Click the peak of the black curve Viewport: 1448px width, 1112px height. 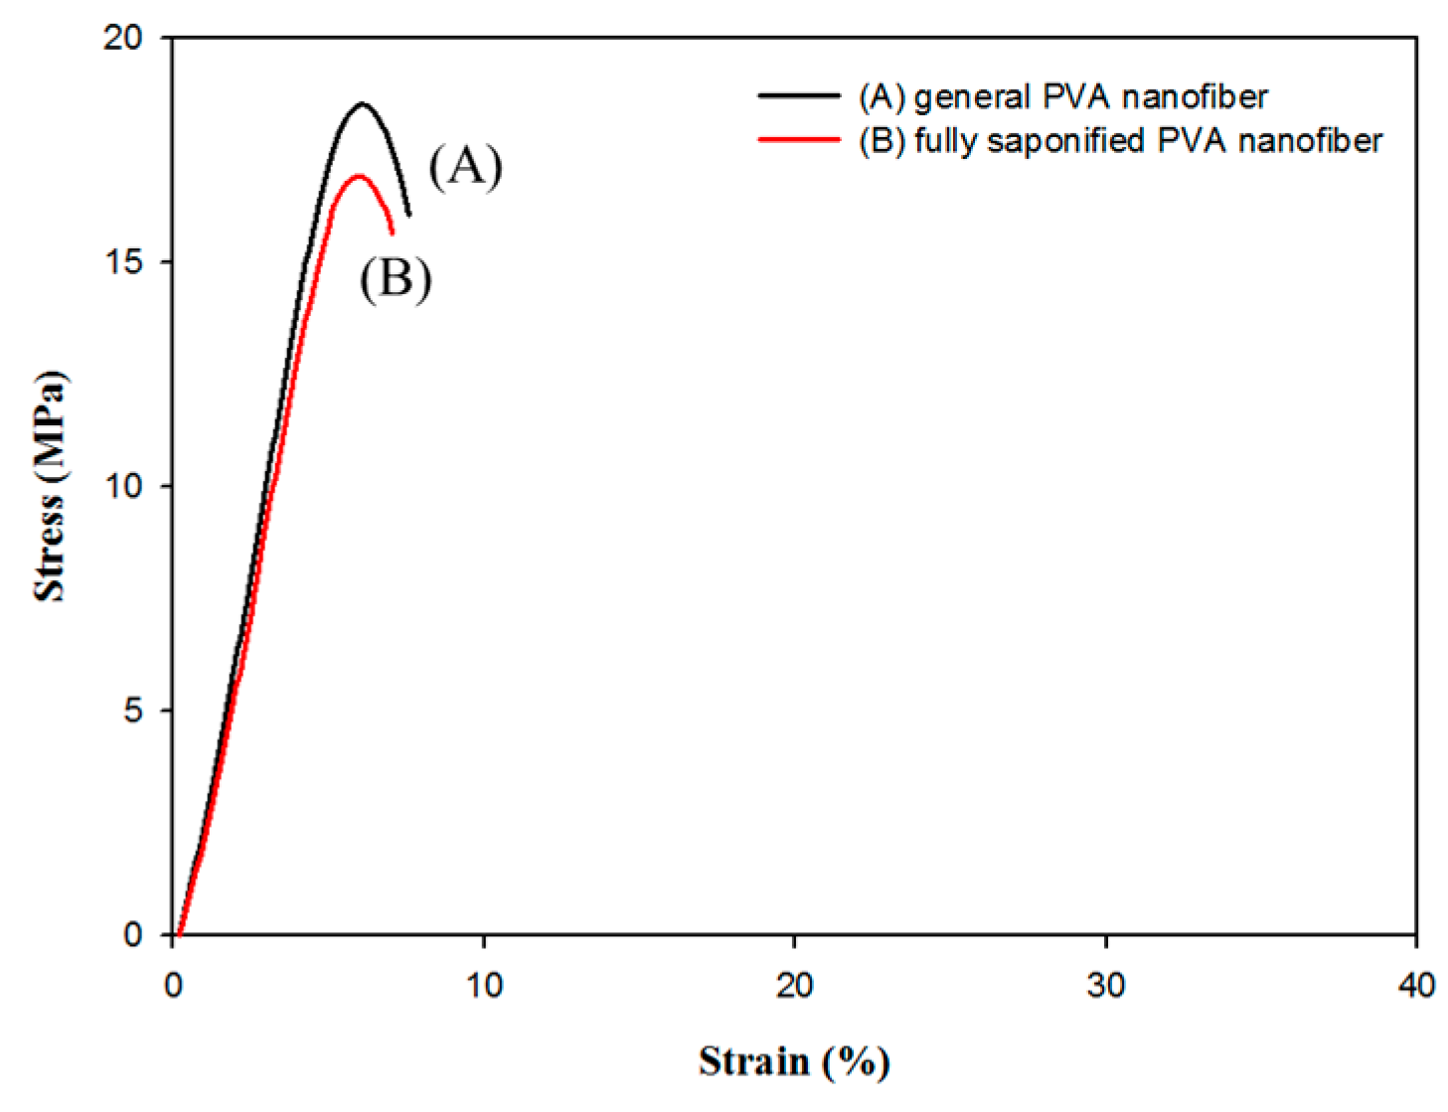363,103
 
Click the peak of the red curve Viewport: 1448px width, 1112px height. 358,176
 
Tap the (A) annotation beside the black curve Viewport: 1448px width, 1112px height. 465,166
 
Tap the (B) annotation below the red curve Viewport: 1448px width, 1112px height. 396,279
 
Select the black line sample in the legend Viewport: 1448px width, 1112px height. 798,96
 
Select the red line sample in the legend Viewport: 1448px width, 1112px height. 798,140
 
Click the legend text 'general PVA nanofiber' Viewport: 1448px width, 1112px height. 1090,96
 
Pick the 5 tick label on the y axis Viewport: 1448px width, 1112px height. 133,711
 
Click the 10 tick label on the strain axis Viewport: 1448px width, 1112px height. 484,985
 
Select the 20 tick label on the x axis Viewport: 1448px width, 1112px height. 794,985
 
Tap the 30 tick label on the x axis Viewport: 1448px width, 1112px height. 1105,985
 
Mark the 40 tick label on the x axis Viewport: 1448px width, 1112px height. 1415,985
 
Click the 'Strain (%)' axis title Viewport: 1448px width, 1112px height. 794,1061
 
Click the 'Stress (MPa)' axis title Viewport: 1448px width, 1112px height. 50,486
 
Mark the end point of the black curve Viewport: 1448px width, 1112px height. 408,215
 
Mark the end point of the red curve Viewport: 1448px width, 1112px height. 393,233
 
